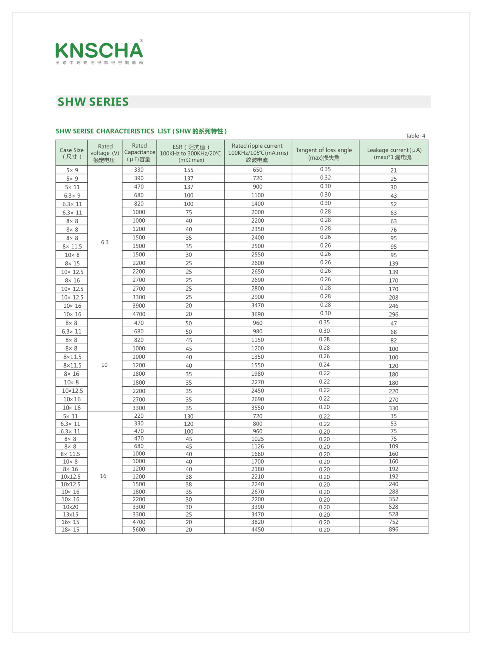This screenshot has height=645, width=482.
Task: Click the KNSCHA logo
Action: [x=99, y=52]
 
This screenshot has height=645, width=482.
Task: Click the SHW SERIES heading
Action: [x=93, y=102]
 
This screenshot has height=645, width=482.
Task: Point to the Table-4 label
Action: [x=415, y=136]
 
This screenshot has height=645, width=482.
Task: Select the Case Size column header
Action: [x=72, y=153]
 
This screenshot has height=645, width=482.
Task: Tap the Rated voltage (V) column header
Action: [x=105, y=153]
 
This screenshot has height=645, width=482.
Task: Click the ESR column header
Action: [x=190, y=153]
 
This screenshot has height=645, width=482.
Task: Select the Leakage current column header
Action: [x=393, y=153]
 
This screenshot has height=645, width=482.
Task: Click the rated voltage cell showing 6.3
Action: [x=105, y=242]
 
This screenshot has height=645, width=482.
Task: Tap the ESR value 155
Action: [x=189, y=170]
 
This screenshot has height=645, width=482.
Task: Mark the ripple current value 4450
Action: [x=257, y=530]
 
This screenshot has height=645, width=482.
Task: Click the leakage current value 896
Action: [x=393, y=529]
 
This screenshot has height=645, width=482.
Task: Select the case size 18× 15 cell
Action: [x=70, y=530]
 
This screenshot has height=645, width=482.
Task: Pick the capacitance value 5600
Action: [x=139, y=529]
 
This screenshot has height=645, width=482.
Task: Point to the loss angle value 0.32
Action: [x=325, y=178]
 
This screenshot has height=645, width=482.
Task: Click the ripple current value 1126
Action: [x=257, y=446]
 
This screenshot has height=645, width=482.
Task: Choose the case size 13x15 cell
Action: [x=70, y=514]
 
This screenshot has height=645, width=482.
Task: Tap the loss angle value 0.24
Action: [x=324, y=364]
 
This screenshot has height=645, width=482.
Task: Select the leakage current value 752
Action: [x=393, y=522]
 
